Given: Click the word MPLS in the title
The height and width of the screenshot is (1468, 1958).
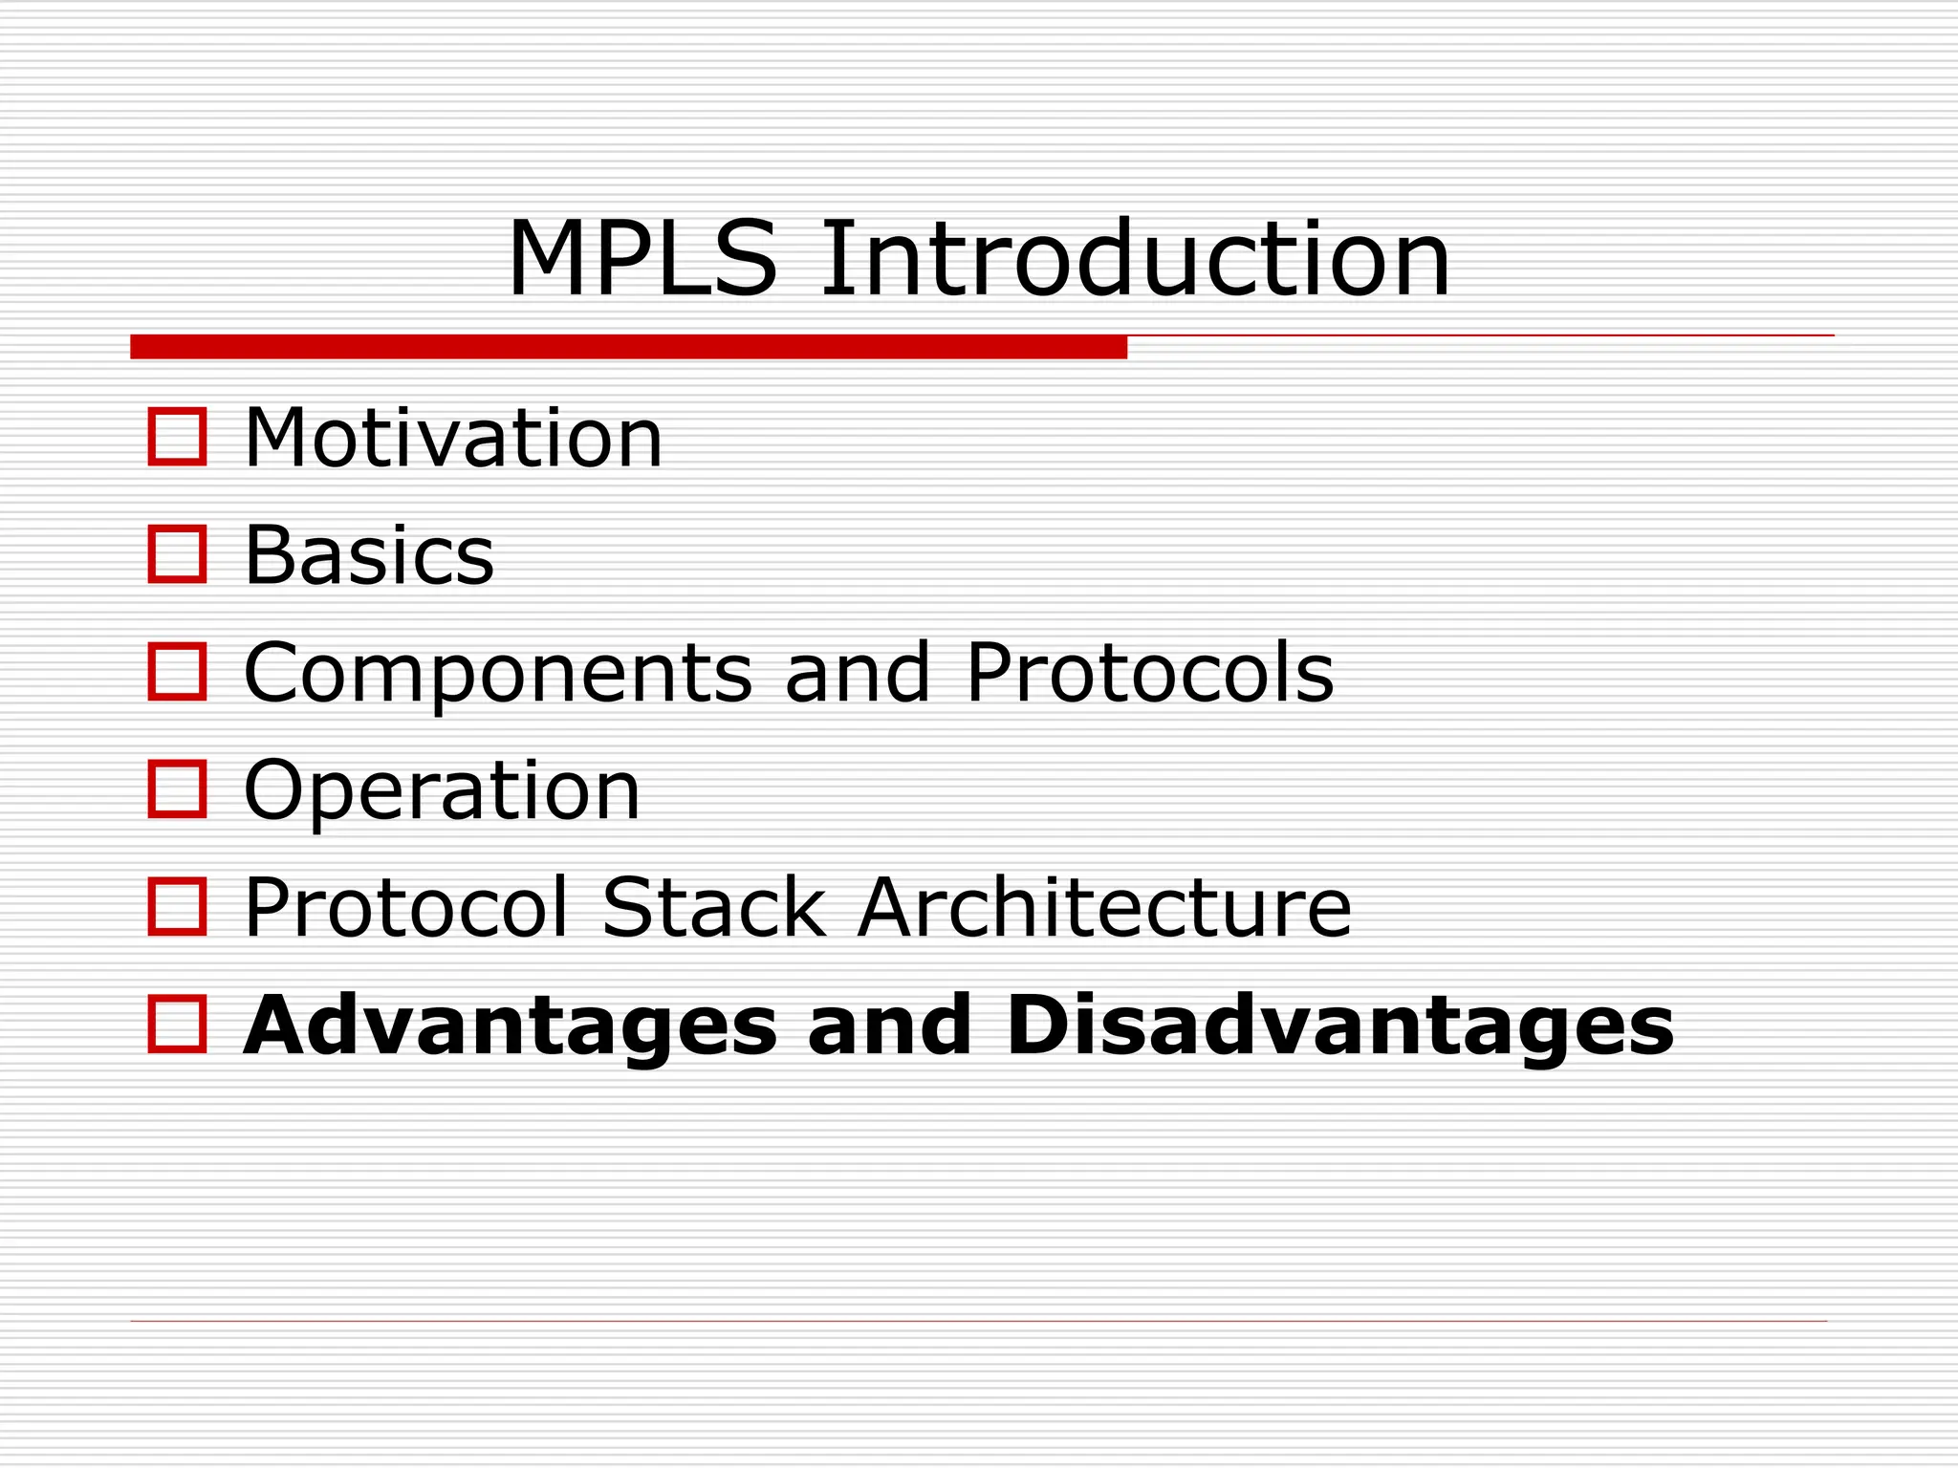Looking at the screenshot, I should point(642,260).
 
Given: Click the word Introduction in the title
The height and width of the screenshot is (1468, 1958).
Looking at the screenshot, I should point(1135,260).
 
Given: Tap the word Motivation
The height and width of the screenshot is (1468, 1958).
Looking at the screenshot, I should point(453,439).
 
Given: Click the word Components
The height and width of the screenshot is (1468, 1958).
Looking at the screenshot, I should point(498,674).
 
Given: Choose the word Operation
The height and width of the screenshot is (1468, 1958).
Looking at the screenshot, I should point(442,792).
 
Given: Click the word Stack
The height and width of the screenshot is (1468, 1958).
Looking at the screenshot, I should point(714,907).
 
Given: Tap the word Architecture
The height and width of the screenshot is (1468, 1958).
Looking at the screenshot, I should point(1104,907).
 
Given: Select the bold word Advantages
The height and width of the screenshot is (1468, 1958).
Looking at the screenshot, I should point(511,1026).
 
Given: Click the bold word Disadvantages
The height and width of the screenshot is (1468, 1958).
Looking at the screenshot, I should point(1339,1026).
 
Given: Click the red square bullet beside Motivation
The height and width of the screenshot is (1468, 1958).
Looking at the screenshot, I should point(178,437).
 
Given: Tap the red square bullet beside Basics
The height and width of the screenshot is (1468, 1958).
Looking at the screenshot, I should point(178,553).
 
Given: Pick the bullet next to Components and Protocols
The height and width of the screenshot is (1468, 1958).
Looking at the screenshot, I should point(178,671).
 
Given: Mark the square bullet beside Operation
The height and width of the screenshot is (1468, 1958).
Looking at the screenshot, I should point(178,788).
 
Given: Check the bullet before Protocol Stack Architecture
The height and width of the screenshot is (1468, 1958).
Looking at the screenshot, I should point(178,906).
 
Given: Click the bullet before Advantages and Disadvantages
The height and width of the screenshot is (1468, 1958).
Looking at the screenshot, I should point(178,1024).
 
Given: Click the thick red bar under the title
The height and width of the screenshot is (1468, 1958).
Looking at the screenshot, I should point(628,347).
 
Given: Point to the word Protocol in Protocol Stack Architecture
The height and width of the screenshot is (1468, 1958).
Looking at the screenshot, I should point(406,907).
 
